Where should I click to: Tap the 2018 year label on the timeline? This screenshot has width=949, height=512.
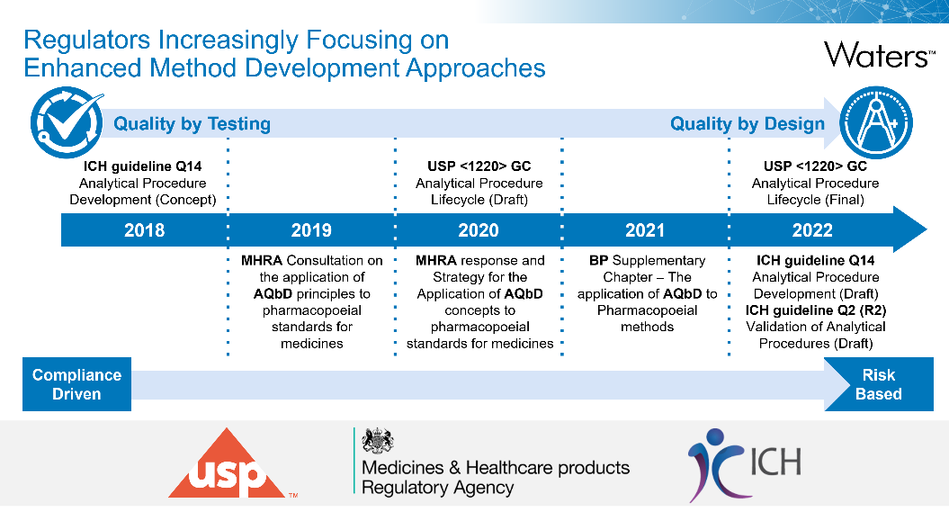click(x=145, y=230)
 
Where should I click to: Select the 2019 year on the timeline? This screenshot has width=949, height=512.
click(x=312, y=230)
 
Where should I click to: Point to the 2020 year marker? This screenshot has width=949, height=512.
click(x=479, y=230)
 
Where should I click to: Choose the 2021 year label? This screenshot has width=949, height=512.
click(x=645, y=230)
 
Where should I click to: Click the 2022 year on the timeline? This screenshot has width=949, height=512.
click(x=812, y=230)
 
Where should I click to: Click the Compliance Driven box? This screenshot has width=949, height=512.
click(x=76, y=384)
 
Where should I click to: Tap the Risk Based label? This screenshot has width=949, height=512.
click(x=878, y=384)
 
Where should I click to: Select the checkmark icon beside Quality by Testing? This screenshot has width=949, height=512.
click(x=67, y=123)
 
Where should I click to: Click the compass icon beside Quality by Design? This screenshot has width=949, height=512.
click(x=876, y=123)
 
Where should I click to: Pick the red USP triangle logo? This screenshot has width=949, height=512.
click(x=227, y=463)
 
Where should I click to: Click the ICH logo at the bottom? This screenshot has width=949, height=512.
click(x=745, y=465)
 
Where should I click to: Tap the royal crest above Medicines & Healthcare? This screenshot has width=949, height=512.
click(x=378, y=441)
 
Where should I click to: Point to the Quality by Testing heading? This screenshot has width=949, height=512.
click(x=192, y=124)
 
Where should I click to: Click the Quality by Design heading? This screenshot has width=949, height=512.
click(x=747, y=124)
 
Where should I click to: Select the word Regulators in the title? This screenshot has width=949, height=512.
click(x=86, y=40)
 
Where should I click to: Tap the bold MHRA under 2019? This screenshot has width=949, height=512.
click(x=262, y=261)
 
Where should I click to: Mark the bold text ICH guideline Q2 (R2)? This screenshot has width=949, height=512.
click(x=815, y=310)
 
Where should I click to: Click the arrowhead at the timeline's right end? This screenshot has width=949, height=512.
click(x=910, y=229)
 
